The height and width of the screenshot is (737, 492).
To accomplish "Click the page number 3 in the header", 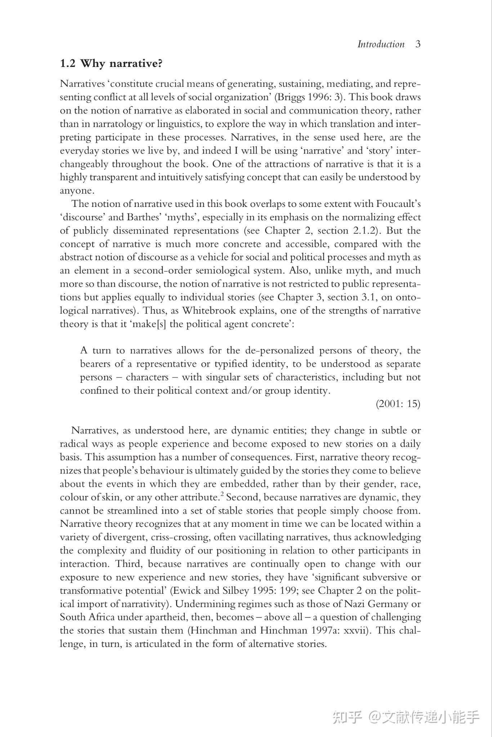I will [418, 44].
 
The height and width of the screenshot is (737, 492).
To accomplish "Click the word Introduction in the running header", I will [381, 44].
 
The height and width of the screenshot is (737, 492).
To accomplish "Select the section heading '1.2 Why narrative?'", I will [111, 64].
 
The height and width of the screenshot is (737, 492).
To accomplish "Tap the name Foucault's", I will [398, 204].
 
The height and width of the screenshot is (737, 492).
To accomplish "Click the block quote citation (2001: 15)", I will [398, 404].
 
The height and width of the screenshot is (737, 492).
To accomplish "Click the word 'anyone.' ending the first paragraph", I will [77, 191].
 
